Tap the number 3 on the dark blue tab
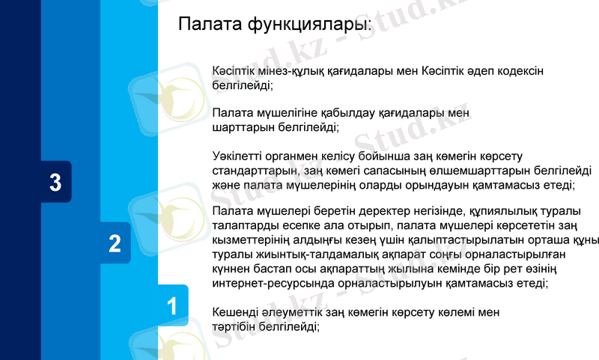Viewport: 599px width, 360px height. pos(55,183)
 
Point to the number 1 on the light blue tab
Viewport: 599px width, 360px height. pos(172,305)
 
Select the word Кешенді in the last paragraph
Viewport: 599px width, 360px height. pos(234,311)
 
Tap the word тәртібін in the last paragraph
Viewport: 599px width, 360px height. pos(237,326)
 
